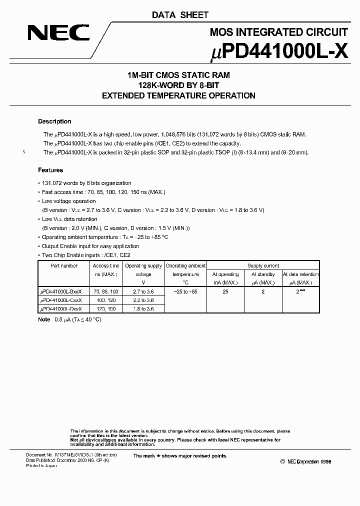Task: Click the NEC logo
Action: coord(58,33)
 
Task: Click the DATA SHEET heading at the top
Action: coord(180,15)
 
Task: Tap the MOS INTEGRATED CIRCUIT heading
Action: coord(278,32)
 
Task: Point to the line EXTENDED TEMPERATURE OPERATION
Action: coord(178,95)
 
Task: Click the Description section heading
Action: coord(54,121)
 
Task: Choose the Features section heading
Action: coord(50,170)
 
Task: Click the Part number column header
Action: coord(64,266)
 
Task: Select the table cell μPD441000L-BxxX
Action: coord(61,291)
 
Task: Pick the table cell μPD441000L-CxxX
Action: coord(61,300)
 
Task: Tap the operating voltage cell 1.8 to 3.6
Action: coord(143,309)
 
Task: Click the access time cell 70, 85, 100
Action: coord(106,291)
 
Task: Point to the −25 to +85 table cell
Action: coord(185,291)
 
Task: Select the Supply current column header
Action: coord(263,266)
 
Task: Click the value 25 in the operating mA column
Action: coord(225,291)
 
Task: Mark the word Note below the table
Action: coord(44,319)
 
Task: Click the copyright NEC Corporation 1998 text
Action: coord(305,462)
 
